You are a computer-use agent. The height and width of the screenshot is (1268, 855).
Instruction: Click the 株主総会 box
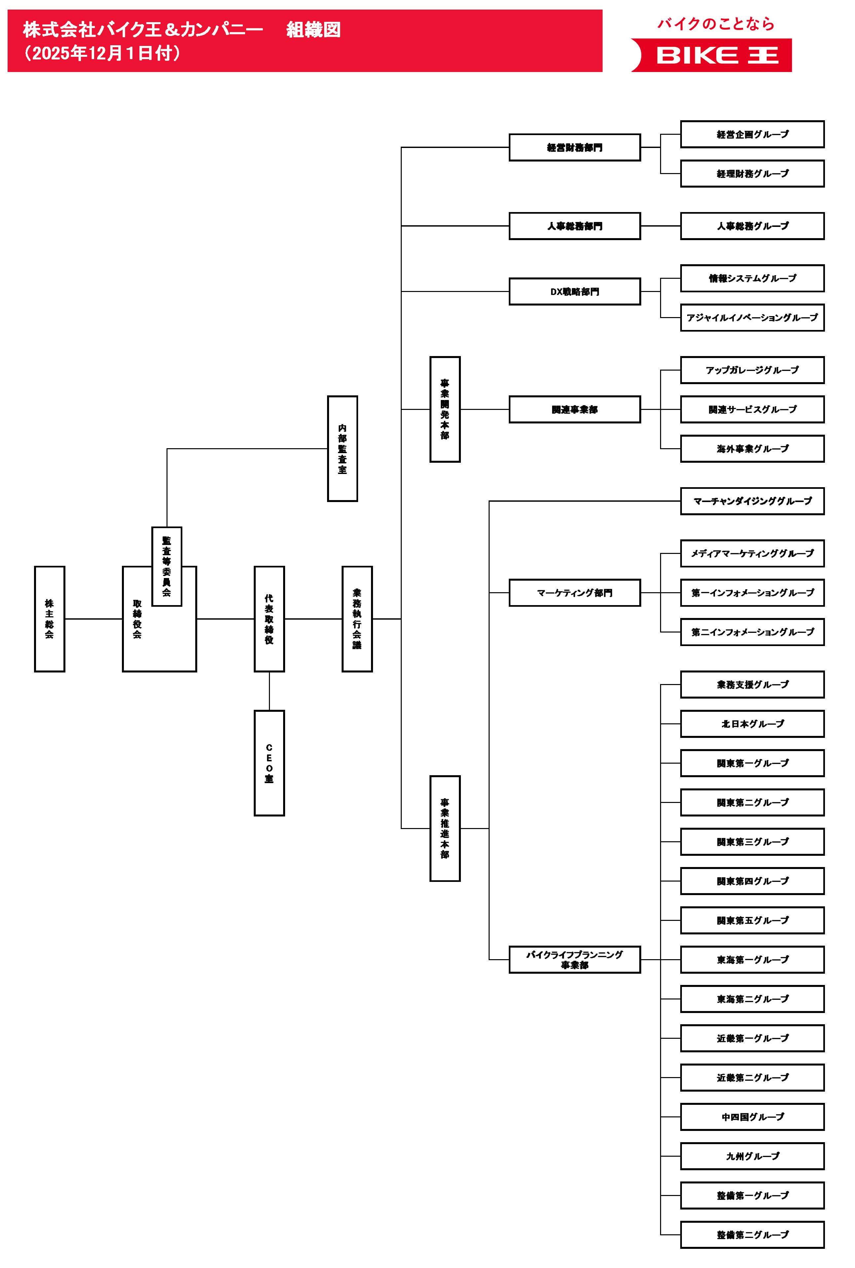pos(50,619)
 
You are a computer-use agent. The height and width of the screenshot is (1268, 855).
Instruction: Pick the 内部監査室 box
pos(343,449)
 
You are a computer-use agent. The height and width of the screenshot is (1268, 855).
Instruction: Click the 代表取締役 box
pos(269,619)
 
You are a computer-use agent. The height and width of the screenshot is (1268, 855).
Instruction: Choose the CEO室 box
pos(269,763)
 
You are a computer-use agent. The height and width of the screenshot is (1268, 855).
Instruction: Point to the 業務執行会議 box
pos(357,619)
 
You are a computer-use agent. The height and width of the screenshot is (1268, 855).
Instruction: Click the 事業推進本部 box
pos(445,828)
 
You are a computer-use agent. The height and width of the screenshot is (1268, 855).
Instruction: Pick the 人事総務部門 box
pos(575,226)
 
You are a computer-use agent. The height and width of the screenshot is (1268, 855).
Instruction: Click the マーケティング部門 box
pos(575,593)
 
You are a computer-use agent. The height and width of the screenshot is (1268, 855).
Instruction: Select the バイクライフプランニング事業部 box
pos(575,960)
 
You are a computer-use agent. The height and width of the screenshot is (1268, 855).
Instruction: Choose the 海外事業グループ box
pos(753,449)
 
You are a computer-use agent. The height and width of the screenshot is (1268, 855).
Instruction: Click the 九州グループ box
pos(753,1156)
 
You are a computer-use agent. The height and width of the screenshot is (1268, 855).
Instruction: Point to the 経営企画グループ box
pos(753,134)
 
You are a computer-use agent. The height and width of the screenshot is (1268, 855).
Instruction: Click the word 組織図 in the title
pos(314,29)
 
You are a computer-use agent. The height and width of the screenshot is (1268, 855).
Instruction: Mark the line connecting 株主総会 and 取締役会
pos(93,619)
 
